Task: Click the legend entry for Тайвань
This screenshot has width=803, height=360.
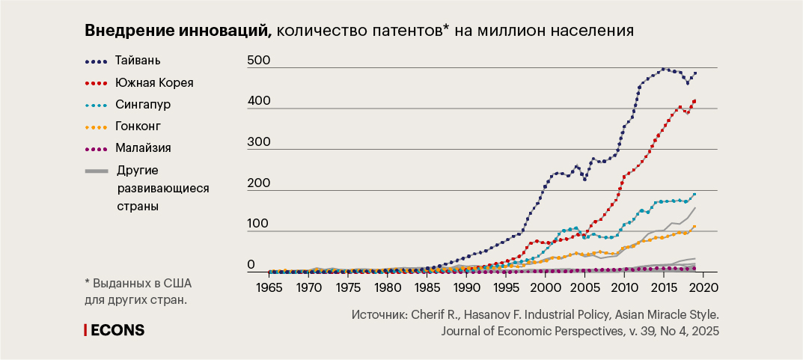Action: [138, 60]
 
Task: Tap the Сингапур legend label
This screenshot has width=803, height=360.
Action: [143, 104]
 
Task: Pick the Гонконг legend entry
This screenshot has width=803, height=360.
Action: [138, 126]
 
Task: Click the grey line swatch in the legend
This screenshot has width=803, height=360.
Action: [97, 171]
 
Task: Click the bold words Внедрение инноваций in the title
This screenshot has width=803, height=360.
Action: [176, 31]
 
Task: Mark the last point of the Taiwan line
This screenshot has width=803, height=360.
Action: [695, 73]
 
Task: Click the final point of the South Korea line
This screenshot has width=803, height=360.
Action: [694, 101]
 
